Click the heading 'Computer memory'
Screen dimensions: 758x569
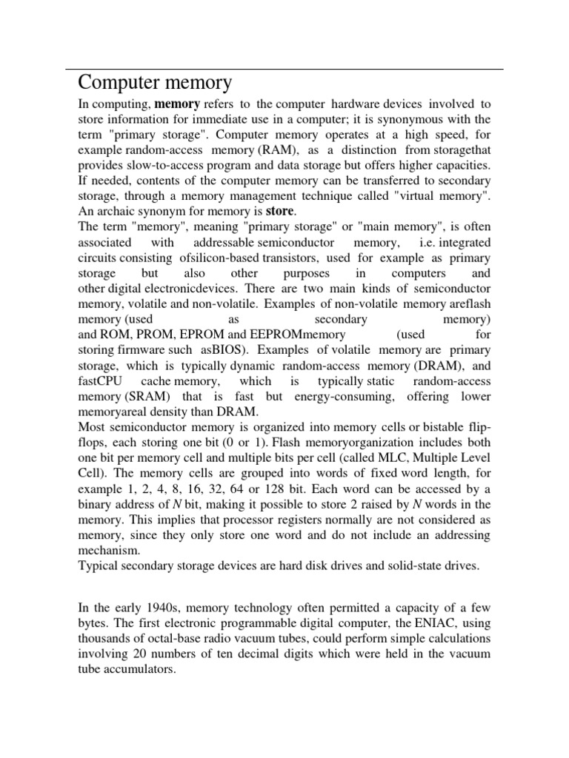coord(155,81)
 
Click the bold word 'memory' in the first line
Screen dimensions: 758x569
coord(177,104)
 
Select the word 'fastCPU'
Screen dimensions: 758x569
coord(101,381)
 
